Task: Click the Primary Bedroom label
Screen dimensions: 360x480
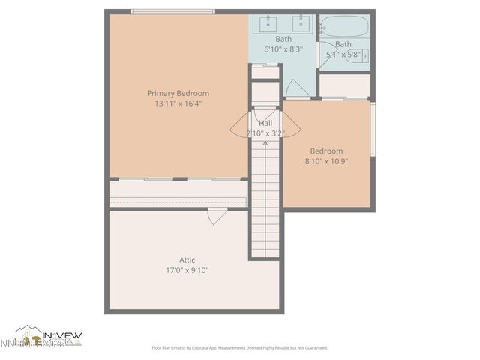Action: coord(178,93)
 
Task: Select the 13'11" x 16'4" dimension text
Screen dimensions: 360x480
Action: coord(178,103)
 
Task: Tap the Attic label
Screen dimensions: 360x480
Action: coord(187,259)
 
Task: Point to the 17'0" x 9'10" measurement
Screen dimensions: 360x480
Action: coord(187,270)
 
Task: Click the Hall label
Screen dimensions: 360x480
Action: coord(265,123)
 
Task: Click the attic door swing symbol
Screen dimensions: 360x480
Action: coord(215,217)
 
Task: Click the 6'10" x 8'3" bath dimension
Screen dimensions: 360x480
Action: coord(283,49)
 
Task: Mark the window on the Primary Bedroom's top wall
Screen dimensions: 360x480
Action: coord(173,11)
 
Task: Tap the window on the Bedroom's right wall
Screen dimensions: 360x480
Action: coord(373,130)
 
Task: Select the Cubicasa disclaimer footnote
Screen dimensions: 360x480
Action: coord(240,348)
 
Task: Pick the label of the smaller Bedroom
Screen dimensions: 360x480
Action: coord(326,151)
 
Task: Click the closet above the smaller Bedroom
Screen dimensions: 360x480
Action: coord(345,85)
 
